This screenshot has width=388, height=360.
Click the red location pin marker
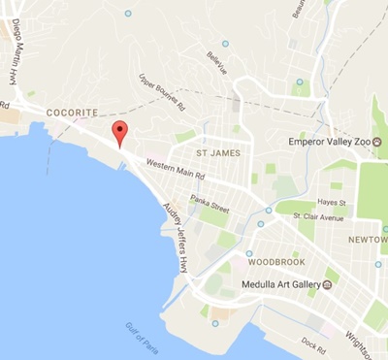[119, 134]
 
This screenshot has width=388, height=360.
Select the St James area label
[217, 152]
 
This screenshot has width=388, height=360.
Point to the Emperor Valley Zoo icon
[378, 142]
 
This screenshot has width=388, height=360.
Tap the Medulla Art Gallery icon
[328, 285]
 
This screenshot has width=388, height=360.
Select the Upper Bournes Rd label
[162, 92]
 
